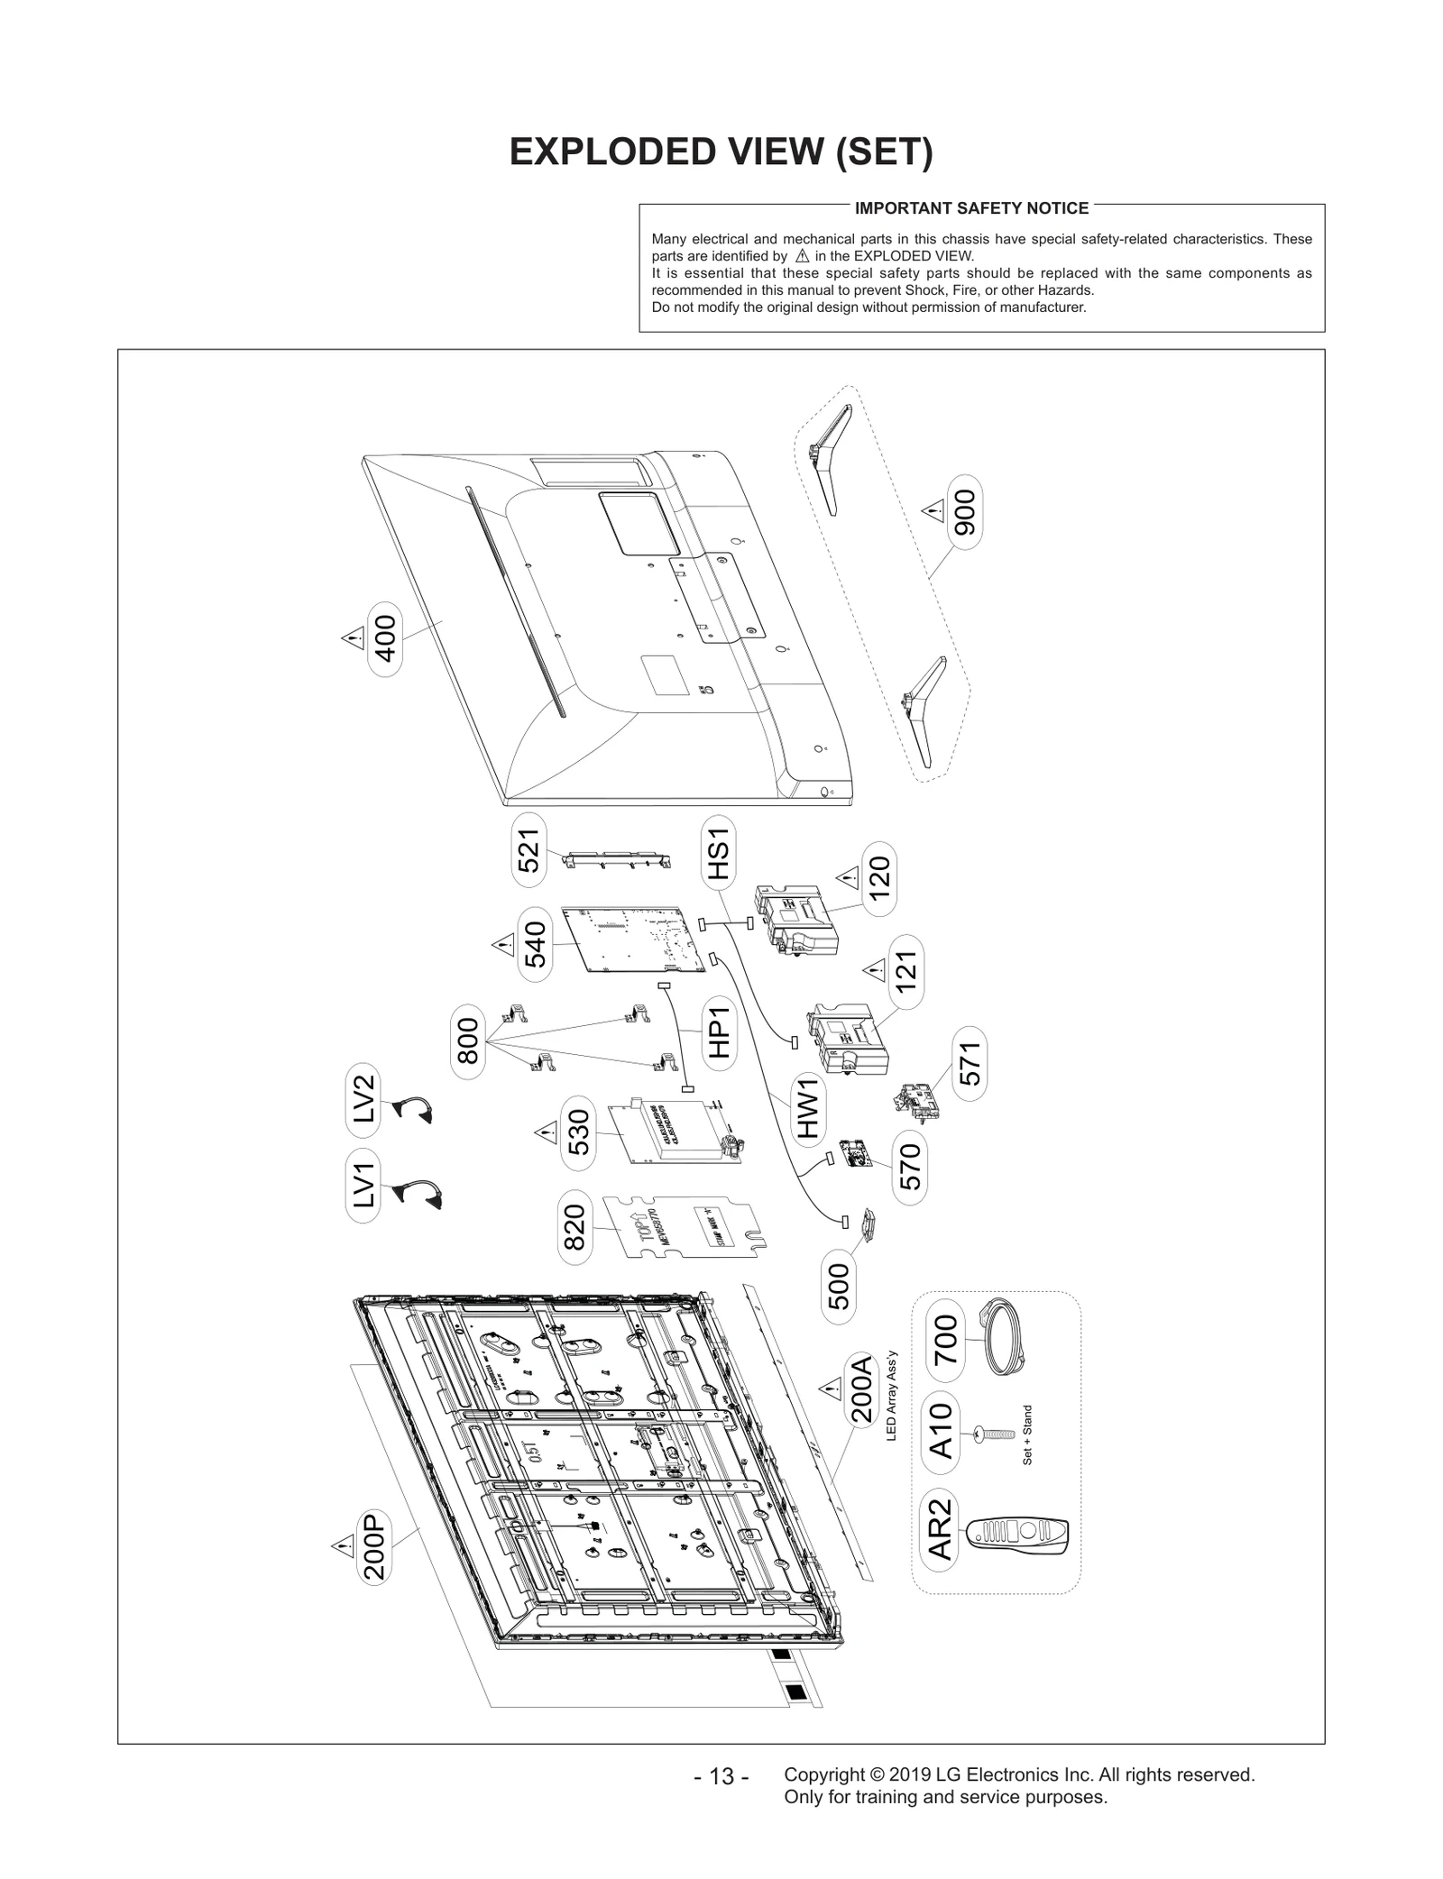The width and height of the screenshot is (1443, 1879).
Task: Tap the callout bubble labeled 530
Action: click(578, 1132)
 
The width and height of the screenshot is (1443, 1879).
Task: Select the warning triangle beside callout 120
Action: click(847, 875)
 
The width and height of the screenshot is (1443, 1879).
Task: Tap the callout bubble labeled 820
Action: click(574, 1228)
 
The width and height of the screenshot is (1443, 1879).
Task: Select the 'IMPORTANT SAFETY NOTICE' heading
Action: click(970, 208)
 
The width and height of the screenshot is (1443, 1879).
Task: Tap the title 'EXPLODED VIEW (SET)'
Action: click(721, 152)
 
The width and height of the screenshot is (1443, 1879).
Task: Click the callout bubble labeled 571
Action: click(970, 1063)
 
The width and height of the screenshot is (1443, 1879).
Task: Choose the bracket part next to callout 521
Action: click(619, 860)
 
